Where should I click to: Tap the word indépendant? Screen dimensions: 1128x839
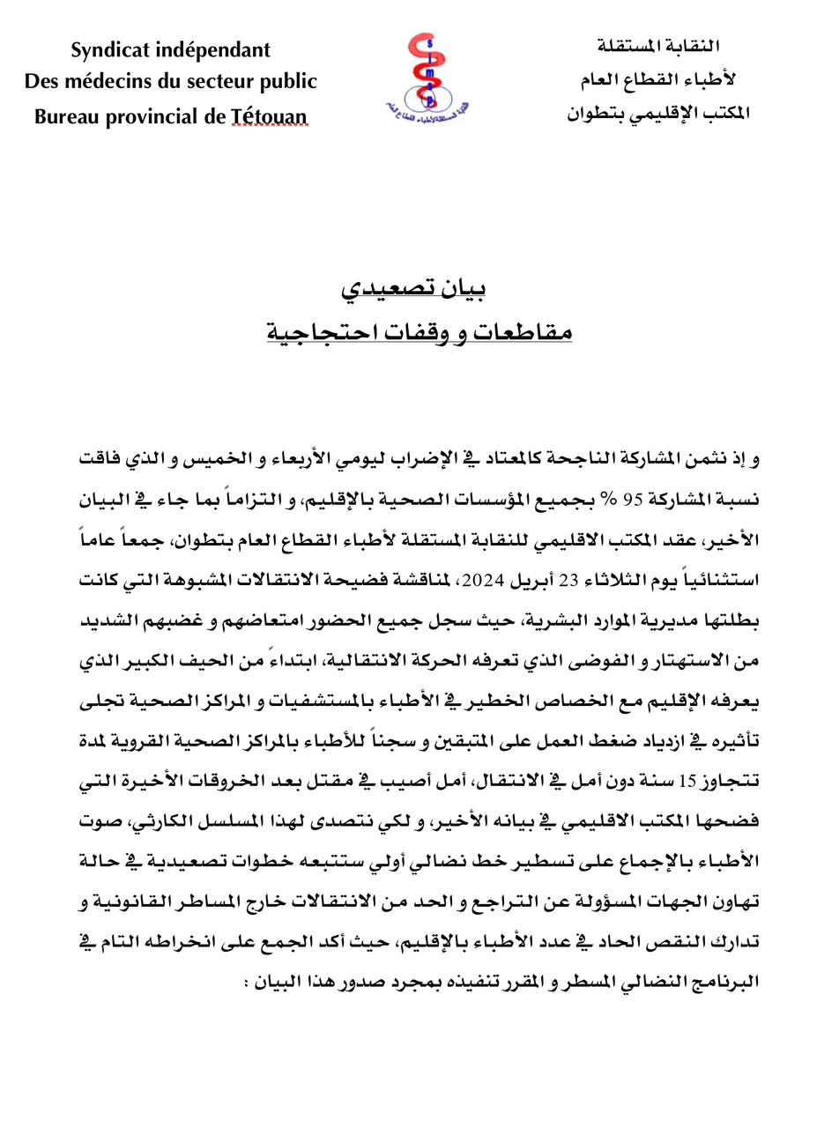tap(217, 50)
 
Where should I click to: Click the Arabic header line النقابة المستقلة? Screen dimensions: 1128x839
tap(658, 46)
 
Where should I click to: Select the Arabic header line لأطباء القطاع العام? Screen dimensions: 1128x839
tap(657, 79)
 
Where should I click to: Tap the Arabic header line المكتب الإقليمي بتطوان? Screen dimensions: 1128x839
tap(657, 113)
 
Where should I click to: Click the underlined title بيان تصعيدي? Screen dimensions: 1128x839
tap(415, 287)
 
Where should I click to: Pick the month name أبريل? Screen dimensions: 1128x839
tap(519, 581)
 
